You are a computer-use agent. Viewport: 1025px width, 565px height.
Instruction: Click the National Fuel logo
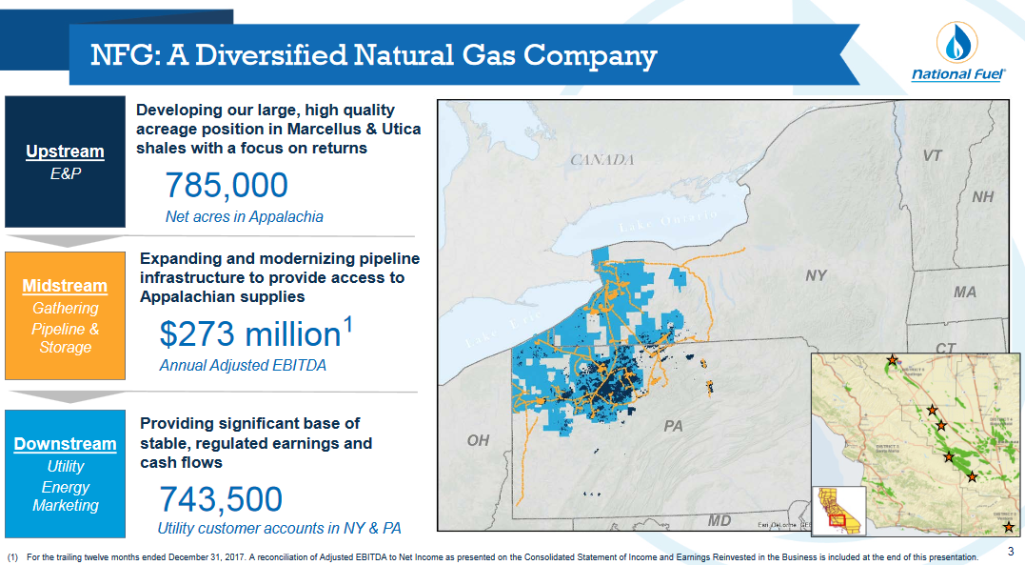(957, 53)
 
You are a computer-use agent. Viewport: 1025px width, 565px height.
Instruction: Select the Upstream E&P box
(65, 161)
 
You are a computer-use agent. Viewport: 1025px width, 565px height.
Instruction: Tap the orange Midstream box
(65, 315)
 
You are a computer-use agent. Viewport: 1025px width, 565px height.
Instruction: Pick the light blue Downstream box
(65, 474)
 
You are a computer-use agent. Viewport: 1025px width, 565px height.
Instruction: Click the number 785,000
(227, 186)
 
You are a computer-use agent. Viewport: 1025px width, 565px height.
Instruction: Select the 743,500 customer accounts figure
(221, 499)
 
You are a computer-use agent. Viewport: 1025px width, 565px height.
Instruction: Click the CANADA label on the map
(601, 159)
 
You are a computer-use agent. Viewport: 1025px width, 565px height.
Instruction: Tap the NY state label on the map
(816, 275)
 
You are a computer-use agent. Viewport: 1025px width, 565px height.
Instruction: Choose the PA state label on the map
(673, 426)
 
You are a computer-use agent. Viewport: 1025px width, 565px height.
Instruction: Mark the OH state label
(478, 441)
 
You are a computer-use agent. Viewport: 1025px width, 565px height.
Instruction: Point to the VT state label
(932, 155)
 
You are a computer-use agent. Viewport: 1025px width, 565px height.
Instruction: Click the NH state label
(982, 196)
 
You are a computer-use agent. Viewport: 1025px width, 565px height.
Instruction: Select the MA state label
(964, 293)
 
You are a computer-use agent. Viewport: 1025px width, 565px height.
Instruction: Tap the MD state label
(719, 520)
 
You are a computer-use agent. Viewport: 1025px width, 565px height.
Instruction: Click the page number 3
(1011, 552)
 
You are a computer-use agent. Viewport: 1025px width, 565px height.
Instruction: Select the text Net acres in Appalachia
(244, 217)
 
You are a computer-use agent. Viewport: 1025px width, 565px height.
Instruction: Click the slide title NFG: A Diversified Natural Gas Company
(373, 55)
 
